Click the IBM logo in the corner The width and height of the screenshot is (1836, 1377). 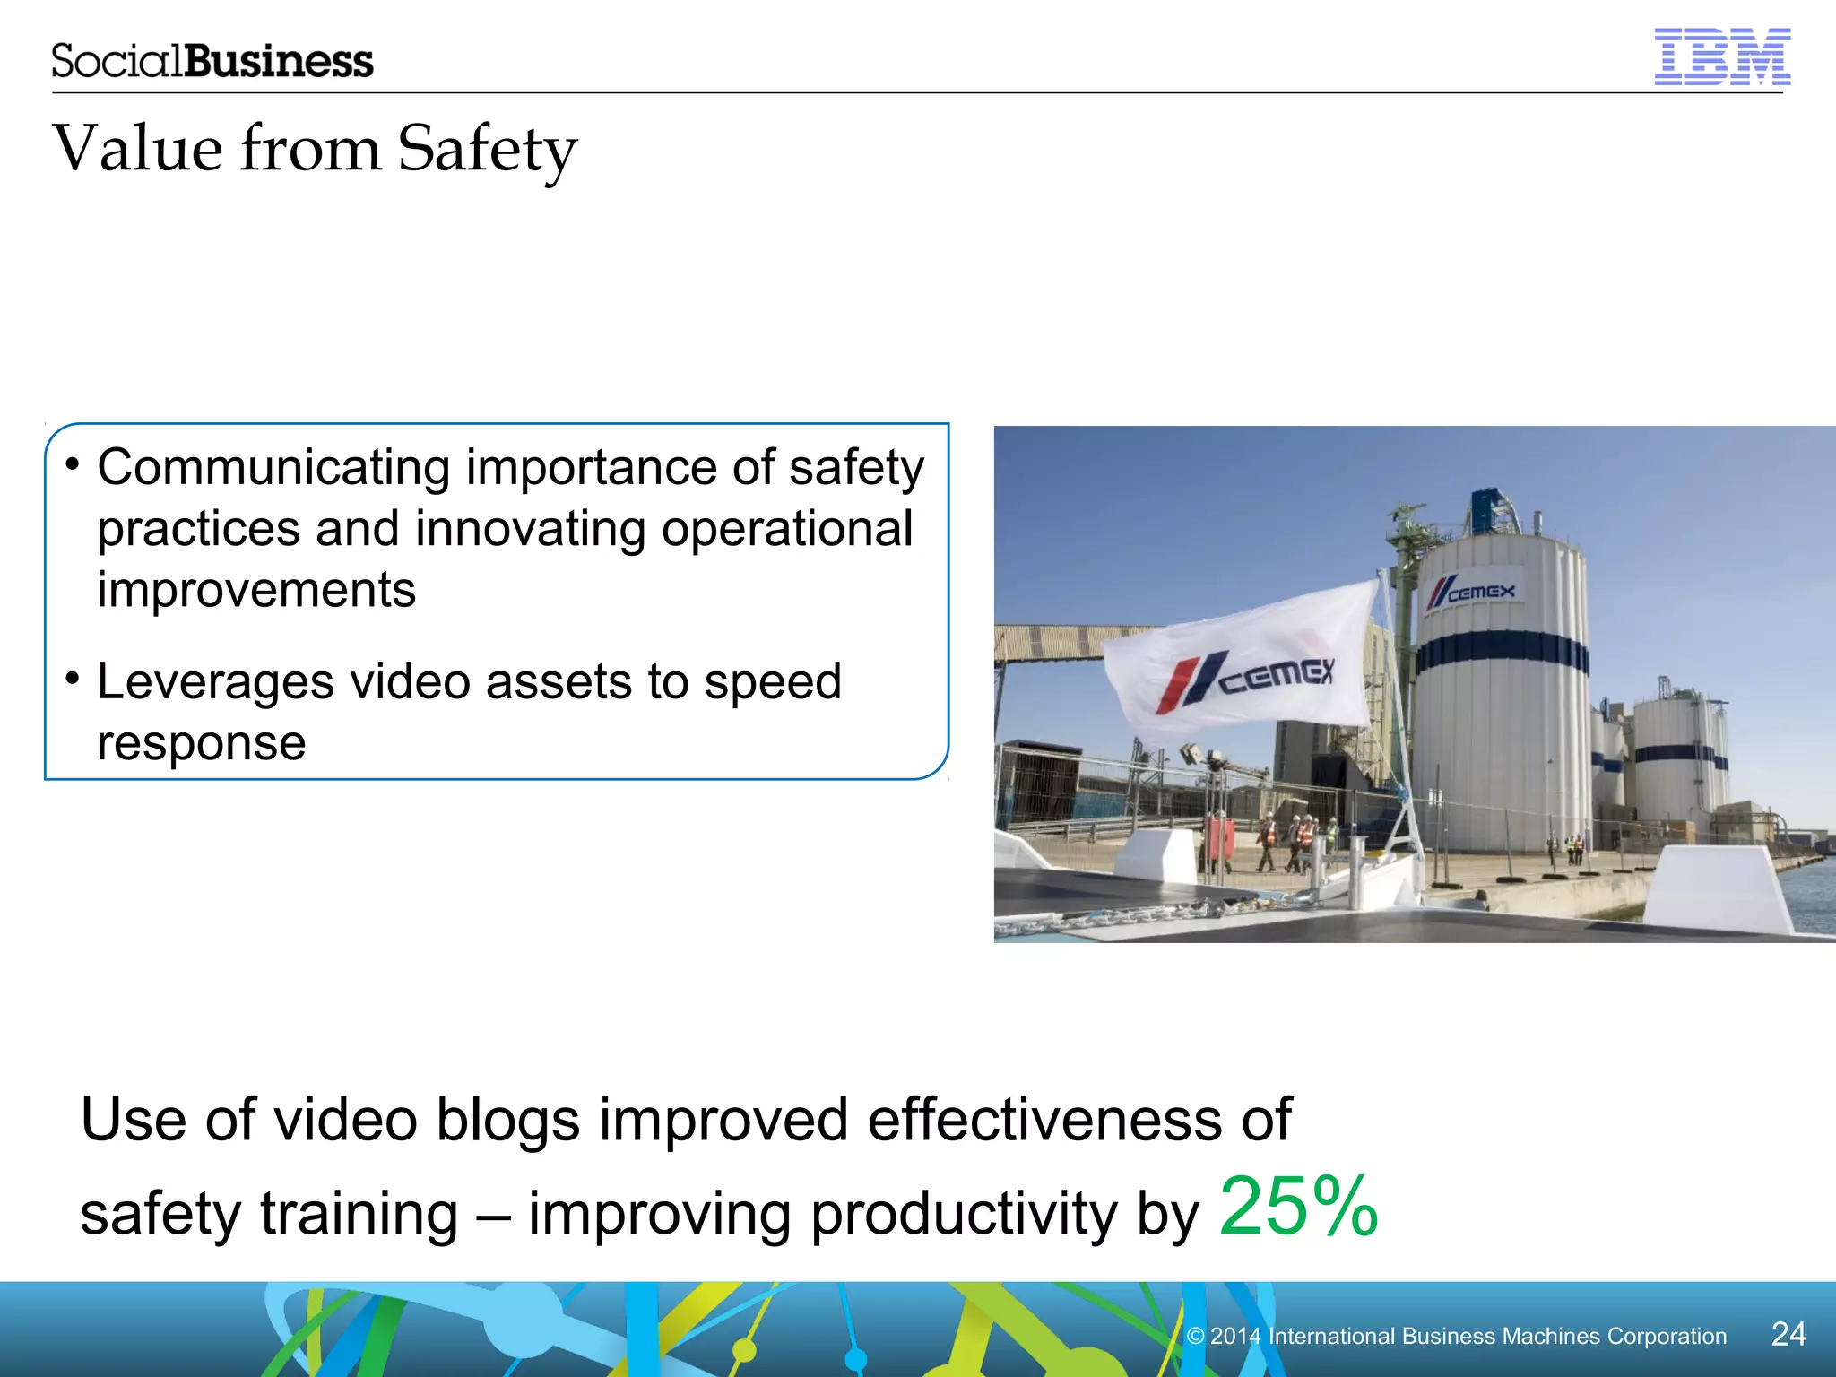pyautogui.click(x=1721, y=57)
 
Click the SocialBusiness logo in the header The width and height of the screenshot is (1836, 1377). pyautogui.click(x=212, y=61)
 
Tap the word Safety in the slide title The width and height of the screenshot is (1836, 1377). pyautogui.click(x=487, y=150)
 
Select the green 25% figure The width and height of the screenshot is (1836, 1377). pyautogui.click(x=1298, y=1207)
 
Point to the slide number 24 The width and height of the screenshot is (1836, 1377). pyautogui.click(x=1788, y=1334)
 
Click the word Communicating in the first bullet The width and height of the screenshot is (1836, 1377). pyautogui.click(x=273, y=468)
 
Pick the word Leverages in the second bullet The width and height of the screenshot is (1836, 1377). pyautogui.click(x=215, y=682)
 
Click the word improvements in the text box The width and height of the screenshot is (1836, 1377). pyautogui.click(x=256, y=590)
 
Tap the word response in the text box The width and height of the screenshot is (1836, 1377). pyautogui.click(x=202, y=743)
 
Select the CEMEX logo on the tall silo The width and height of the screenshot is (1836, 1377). pyautogui.click(x=1471, y=592)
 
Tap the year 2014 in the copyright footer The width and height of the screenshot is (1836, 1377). pyautogui.click(x=1235, y=1336)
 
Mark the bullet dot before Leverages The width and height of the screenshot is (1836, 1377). pyautogui.click(x=73, y=678)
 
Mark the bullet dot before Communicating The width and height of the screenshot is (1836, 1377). pyautogui.click(x=73, y=463)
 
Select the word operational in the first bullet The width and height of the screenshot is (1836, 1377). pyautogui.click(x=787, y=529)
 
